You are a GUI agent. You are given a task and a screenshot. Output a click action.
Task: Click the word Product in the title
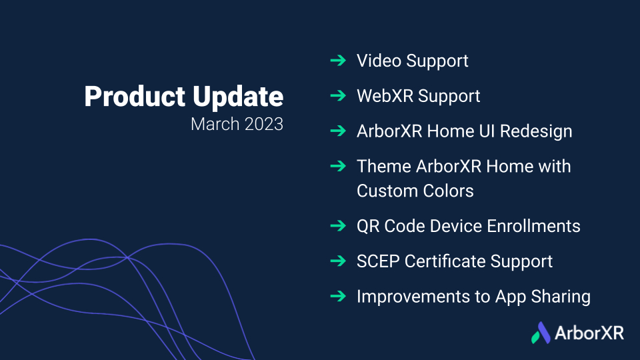pyautogui.click(x=135, y=97)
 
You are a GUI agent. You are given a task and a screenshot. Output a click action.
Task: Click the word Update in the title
pyautogui.click(x=238, y=97)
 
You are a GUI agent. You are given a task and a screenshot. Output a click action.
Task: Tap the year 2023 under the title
pyautogui.click(x=264, y=124)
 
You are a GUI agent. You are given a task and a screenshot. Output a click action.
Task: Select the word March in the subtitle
pyautogui.click(x=215, y=124)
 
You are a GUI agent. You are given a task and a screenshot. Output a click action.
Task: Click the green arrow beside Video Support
pyautogui.click(x=339, y=61)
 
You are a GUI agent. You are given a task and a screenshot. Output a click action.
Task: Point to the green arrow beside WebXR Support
pyautogui.click(x=339, y=95)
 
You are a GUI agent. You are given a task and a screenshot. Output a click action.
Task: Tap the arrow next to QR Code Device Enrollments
pyautogui.click(x=339, y=226)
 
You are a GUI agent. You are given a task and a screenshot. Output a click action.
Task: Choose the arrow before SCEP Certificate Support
pyautogui.click(x=339, y=261)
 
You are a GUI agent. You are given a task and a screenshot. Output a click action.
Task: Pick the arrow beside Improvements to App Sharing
pyautogui.click(x=339, y=296)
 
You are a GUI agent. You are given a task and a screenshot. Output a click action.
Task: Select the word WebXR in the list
pyautogui.click(x=385, y=96)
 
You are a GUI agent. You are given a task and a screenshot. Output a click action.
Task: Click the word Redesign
pyautogui.click(x=536, y=132)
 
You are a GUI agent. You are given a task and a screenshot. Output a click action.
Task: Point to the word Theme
pyautogui.click(x=384, y=167)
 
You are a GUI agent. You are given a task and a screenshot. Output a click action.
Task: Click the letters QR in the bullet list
pyautogui.click(x=368, y=227)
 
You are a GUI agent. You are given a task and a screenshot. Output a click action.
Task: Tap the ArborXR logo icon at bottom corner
pyautogui.click(x=541, y=333)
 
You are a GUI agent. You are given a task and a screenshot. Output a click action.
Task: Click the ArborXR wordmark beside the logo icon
pyautogui.click(x=589, y=333)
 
